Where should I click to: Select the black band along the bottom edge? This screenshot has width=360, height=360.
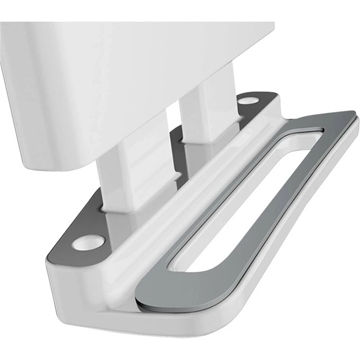tap(180, 351)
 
